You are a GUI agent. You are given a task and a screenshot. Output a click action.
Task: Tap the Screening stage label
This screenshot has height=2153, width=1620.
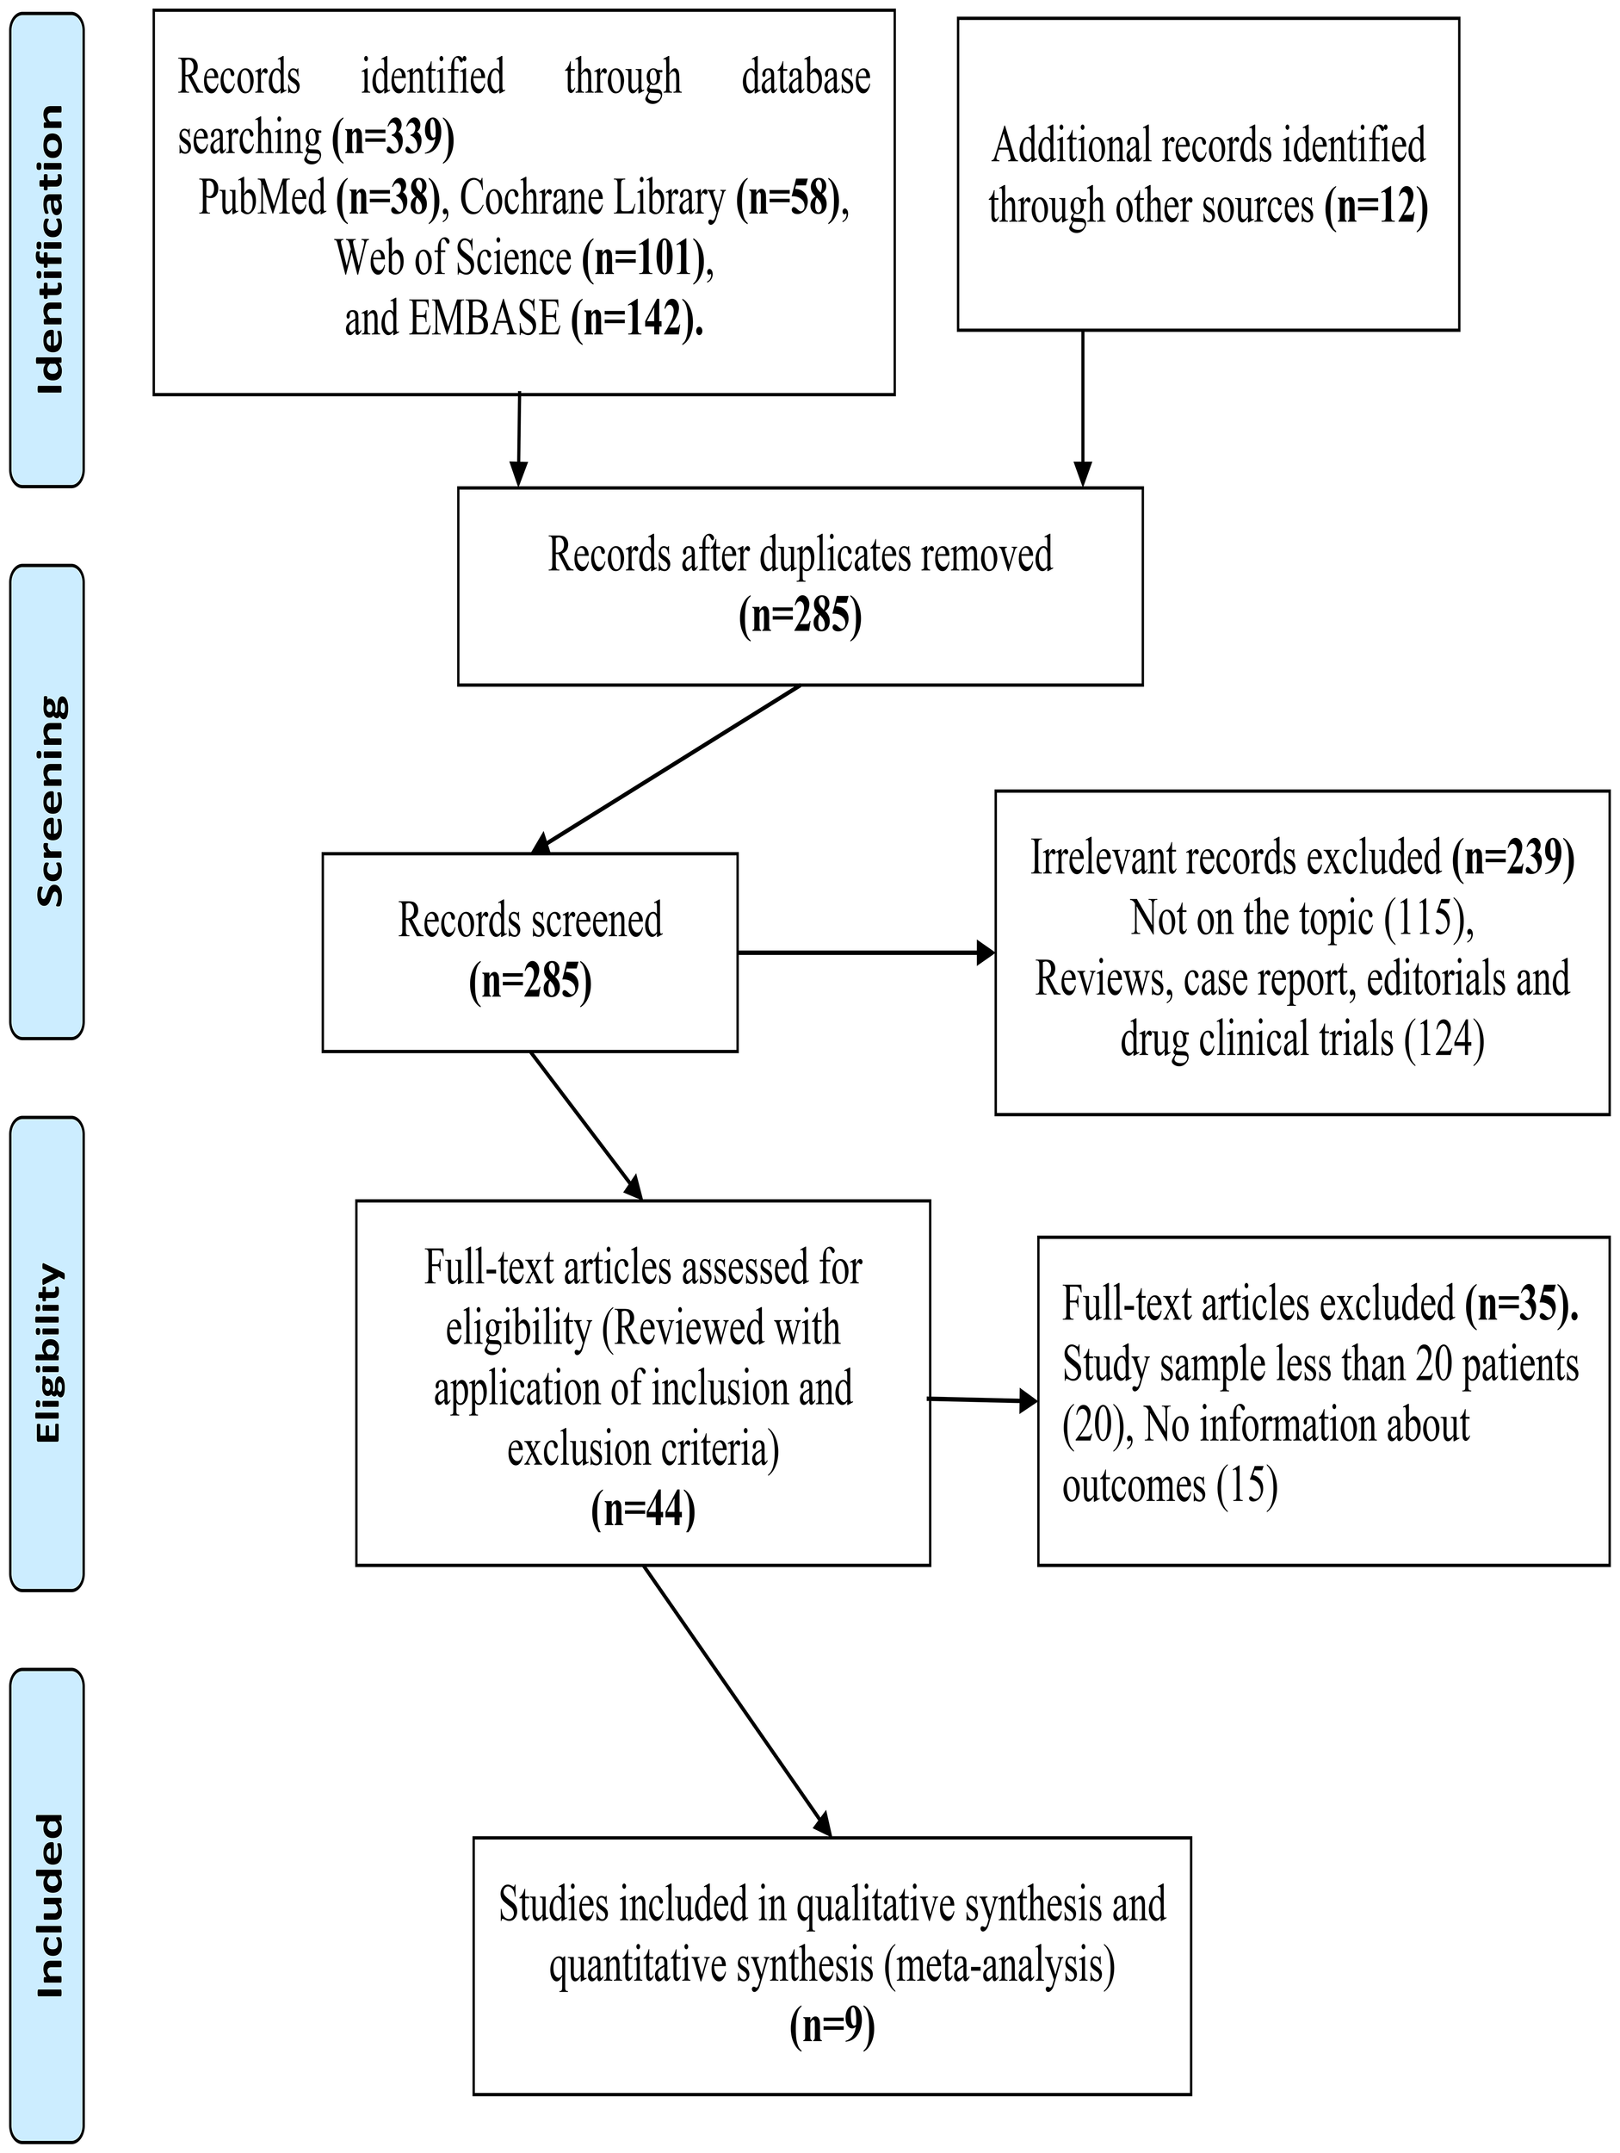point(47,800)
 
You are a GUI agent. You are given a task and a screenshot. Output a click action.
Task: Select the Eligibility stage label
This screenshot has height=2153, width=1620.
point(47,1353)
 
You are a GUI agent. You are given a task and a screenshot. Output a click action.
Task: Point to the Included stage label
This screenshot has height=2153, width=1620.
point(47,1906)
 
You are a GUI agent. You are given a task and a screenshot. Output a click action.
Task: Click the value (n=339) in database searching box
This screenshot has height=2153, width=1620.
point(393,138)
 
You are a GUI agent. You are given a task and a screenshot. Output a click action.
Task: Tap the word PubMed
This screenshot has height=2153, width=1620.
point(262,197)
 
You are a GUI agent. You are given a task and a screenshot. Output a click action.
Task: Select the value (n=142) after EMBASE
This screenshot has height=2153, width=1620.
point(636,320)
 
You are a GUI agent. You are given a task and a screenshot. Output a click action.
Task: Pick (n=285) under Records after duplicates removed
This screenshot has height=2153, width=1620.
point(800,616)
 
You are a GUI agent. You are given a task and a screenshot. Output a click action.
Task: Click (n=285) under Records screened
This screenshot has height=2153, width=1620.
point(530,981)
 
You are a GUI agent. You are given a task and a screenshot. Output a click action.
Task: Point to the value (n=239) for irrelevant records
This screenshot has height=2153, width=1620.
point(1513,858)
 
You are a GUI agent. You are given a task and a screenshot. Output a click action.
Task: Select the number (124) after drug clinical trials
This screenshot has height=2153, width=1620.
point(1444,1039)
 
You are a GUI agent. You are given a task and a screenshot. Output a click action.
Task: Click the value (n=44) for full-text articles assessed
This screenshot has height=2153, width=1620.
point(643,1510)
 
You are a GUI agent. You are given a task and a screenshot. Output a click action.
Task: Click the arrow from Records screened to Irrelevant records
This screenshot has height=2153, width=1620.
point(866,952)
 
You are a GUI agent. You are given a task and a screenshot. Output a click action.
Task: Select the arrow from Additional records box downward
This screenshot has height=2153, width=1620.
point(1082,409)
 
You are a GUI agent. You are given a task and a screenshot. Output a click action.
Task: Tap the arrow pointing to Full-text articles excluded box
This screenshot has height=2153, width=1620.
point(983,1400)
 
